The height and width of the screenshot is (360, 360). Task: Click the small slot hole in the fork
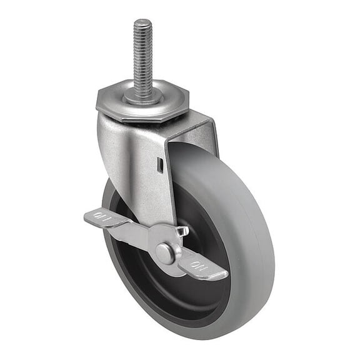tap(161, 166)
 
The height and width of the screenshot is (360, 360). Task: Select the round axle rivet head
tap(164, 253)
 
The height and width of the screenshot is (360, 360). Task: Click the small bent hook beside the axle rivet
tap(182, 232)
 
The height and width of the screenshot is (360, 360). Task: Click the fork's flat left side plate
tap(131, 162)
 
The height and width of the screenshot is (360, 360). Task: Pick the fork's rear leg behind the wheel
tap(209, 134)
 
